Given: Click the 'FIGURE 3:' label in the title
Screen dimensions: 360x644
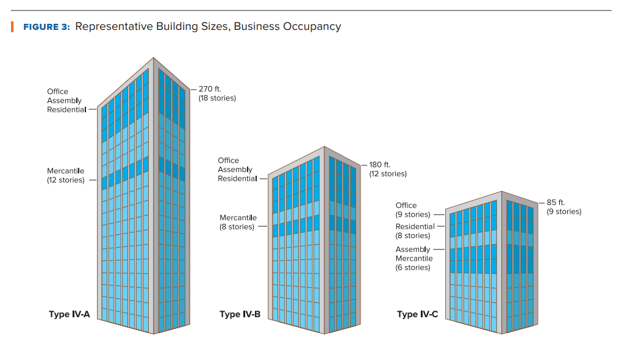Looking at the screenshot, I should click(x=46, y=27).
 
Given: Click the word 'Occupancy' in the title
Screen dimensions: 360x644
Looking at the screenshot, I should click(x=312, y=27).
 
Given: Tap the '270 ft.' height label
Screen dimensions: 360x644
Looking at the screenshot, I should click(x=210, y=89).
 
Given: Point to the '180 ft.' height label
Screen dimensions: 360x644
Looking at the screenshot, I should click(x=379, y=165).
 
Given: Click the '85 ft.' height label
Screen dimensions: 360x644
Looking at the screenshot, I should click(x=556, y=202).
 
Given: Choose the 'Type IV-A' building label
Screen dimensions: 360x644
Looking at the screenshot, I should click(x=69, y=315).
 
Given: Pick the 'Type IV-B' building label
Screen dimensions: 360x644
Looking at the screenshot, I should click(x=240, y=315).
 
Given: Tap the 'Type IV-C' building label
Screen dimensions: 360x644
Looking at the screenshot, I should click(x=417, y=315).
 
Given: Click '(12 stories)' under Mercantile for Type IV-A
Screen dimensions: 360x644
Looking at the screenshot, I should click(x=66, y=180).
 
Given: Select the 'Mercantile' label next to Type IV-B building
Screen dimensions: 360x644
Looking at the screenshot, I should click(x=238, y=218).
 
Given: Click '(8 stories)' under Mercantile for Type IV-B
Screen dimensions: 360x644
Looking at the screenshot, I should click(x=237, y=227).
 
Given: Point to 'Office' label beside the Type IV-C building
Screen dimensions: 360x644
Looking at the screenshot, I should click(x=406, y=206).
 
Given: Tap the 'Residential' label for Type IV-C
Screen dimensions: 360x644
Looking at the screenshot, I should click(x=415, y=226).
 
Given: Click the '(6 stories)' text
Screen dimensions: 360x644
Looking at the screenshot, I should click(x=413, y=267).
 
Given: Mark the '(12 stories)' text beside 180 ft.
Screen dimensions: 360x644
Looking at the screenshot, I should click(x=388, y=174).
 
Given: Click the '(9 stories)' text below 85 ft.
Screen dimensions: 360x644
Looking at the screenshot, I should click(x=563, y=212).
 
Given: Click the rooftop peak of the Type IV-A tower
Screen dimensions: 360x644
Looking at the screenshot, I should click(x=153, y=59).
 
